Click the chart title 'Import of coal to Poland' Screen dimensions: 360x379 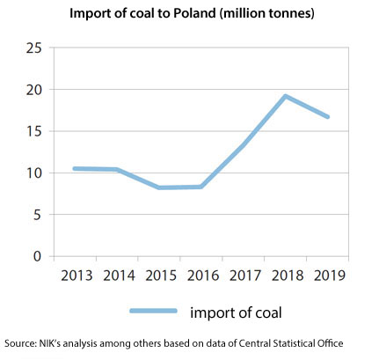tap(189, 14)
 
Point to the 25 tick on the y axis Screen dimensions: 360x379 tap(33, 48)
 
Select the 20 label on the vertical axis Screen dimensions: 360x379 tap(33, 90)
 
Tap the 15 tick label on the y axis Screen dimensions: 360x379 tap(33, 131)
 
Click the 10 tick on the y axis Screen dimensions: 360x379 tap(33, 173)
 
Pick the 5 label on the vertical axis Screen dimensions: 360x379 tap(37, 215)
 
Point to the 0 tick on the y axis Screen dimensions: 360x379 tap(37, 256)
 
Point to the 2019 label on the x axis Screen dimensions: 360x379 tap(327, 275)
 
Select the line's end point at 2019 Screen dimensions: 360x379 tap(327, 116)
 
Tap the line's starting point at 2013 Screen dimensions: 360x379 tap(76, 168)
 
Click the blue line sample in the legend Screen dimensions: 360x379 tap(155, 311)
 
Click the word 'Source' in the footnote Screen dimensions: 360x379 tap(19, 343)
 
